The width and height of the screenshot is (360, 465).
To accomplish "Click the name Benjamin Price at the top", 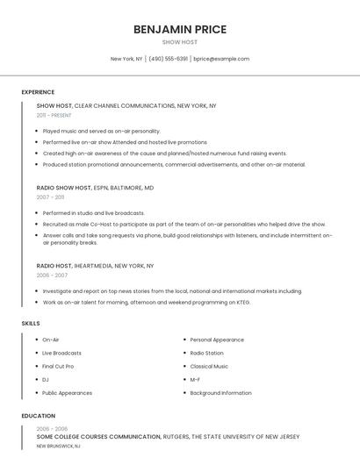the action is click(x=180, y=29).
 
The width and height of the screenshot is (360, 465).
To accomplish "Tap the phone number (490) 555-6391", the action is click(x=169, y=59).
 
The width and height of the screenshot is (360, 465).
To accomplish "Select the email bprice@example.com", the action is click(x=221, y=59).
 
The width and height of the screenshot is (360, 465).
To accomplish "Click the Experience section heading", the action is click(x=38, y=92).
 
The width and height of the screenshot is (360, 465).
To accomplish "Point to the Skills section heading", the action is click(x=31, y=324).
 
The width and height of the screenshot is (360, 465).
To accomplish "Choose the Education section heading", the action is click(x=39, y=416).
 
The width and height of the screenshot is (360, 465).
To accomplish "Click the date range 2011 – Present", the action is click(x=54, y=115).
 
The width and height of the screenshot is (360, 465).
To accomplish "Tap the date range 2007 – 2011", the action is click(x=50, y=197).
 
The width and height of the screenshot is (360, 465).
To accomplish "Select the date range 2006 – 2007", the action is click(x=52, y=275).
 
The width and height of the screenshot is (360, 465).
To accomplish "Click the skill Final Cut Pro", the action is click(x=58, y=366).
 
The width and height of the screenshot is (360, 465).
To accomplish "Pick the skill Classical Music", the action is click(x=209, y=366).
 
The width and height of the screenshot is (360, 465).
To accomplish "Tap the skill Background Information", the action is click(x=220, y=393).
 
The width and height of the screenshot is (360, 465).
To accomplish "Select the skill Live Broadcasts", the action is click(x=61, y=353).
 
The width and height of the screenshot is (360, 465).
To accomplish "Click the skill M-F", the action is click(x=195, y=380).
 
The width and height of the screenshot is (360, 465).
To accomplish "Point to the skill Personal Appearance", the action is click(x=217, y=340).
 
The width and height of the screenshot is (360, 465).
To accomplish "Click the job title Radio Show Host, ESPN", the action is click(x=95, y=188).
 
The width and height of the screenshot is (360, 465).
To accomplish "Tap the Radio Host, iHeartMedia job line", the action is click(x=95, y=265).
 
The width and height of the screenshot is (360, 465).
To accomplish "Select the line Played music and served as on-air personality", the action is click(x=101, y=131).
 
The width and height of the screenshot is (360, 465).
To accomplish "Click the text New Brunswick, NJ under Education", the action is click(x=58, y=446).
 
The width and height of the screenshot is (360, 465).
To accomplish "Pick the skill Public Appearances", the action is click(x=67, y=393).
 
